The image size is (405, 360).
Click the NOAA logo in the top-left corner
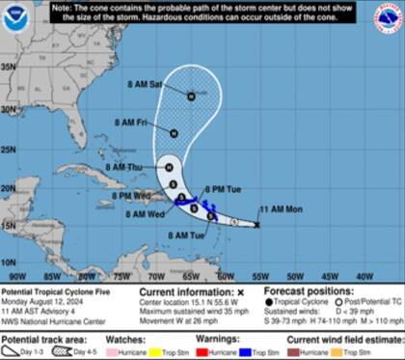(x=17, y=19)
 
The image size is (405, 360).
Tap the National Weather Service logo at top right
(x=387, y=18)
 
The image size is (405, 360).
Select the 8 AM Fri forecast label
(x=129, y=123)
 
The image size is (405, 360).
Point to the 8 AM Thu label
(x=128, y=166)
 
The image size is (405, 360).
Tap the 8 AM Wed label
(x=148, y=214)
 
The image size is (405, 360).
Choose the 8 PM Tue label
(x=234, y=188)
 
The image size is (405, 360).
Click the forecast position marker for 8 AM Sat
(x=192, y=95)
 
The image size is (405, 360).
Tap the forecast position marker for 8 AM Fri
(x=174, y=132)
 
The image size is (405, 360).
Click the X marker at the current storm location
(x=256, y=224)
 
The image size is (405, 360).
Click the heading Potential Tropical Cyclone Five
(x=52, y=291)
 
